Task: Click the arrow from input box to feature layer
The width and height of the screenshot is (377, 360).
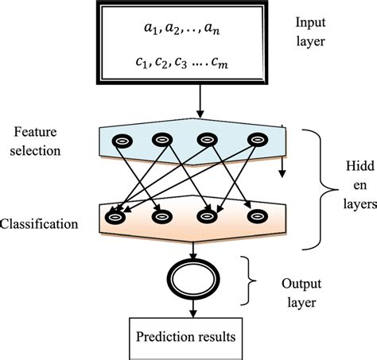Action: pos(199,102)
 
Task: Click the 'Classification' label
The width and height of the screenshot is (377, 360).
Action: pos(40,224)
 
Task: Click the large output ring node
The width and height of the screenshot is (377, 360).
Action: pos(191,278)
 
